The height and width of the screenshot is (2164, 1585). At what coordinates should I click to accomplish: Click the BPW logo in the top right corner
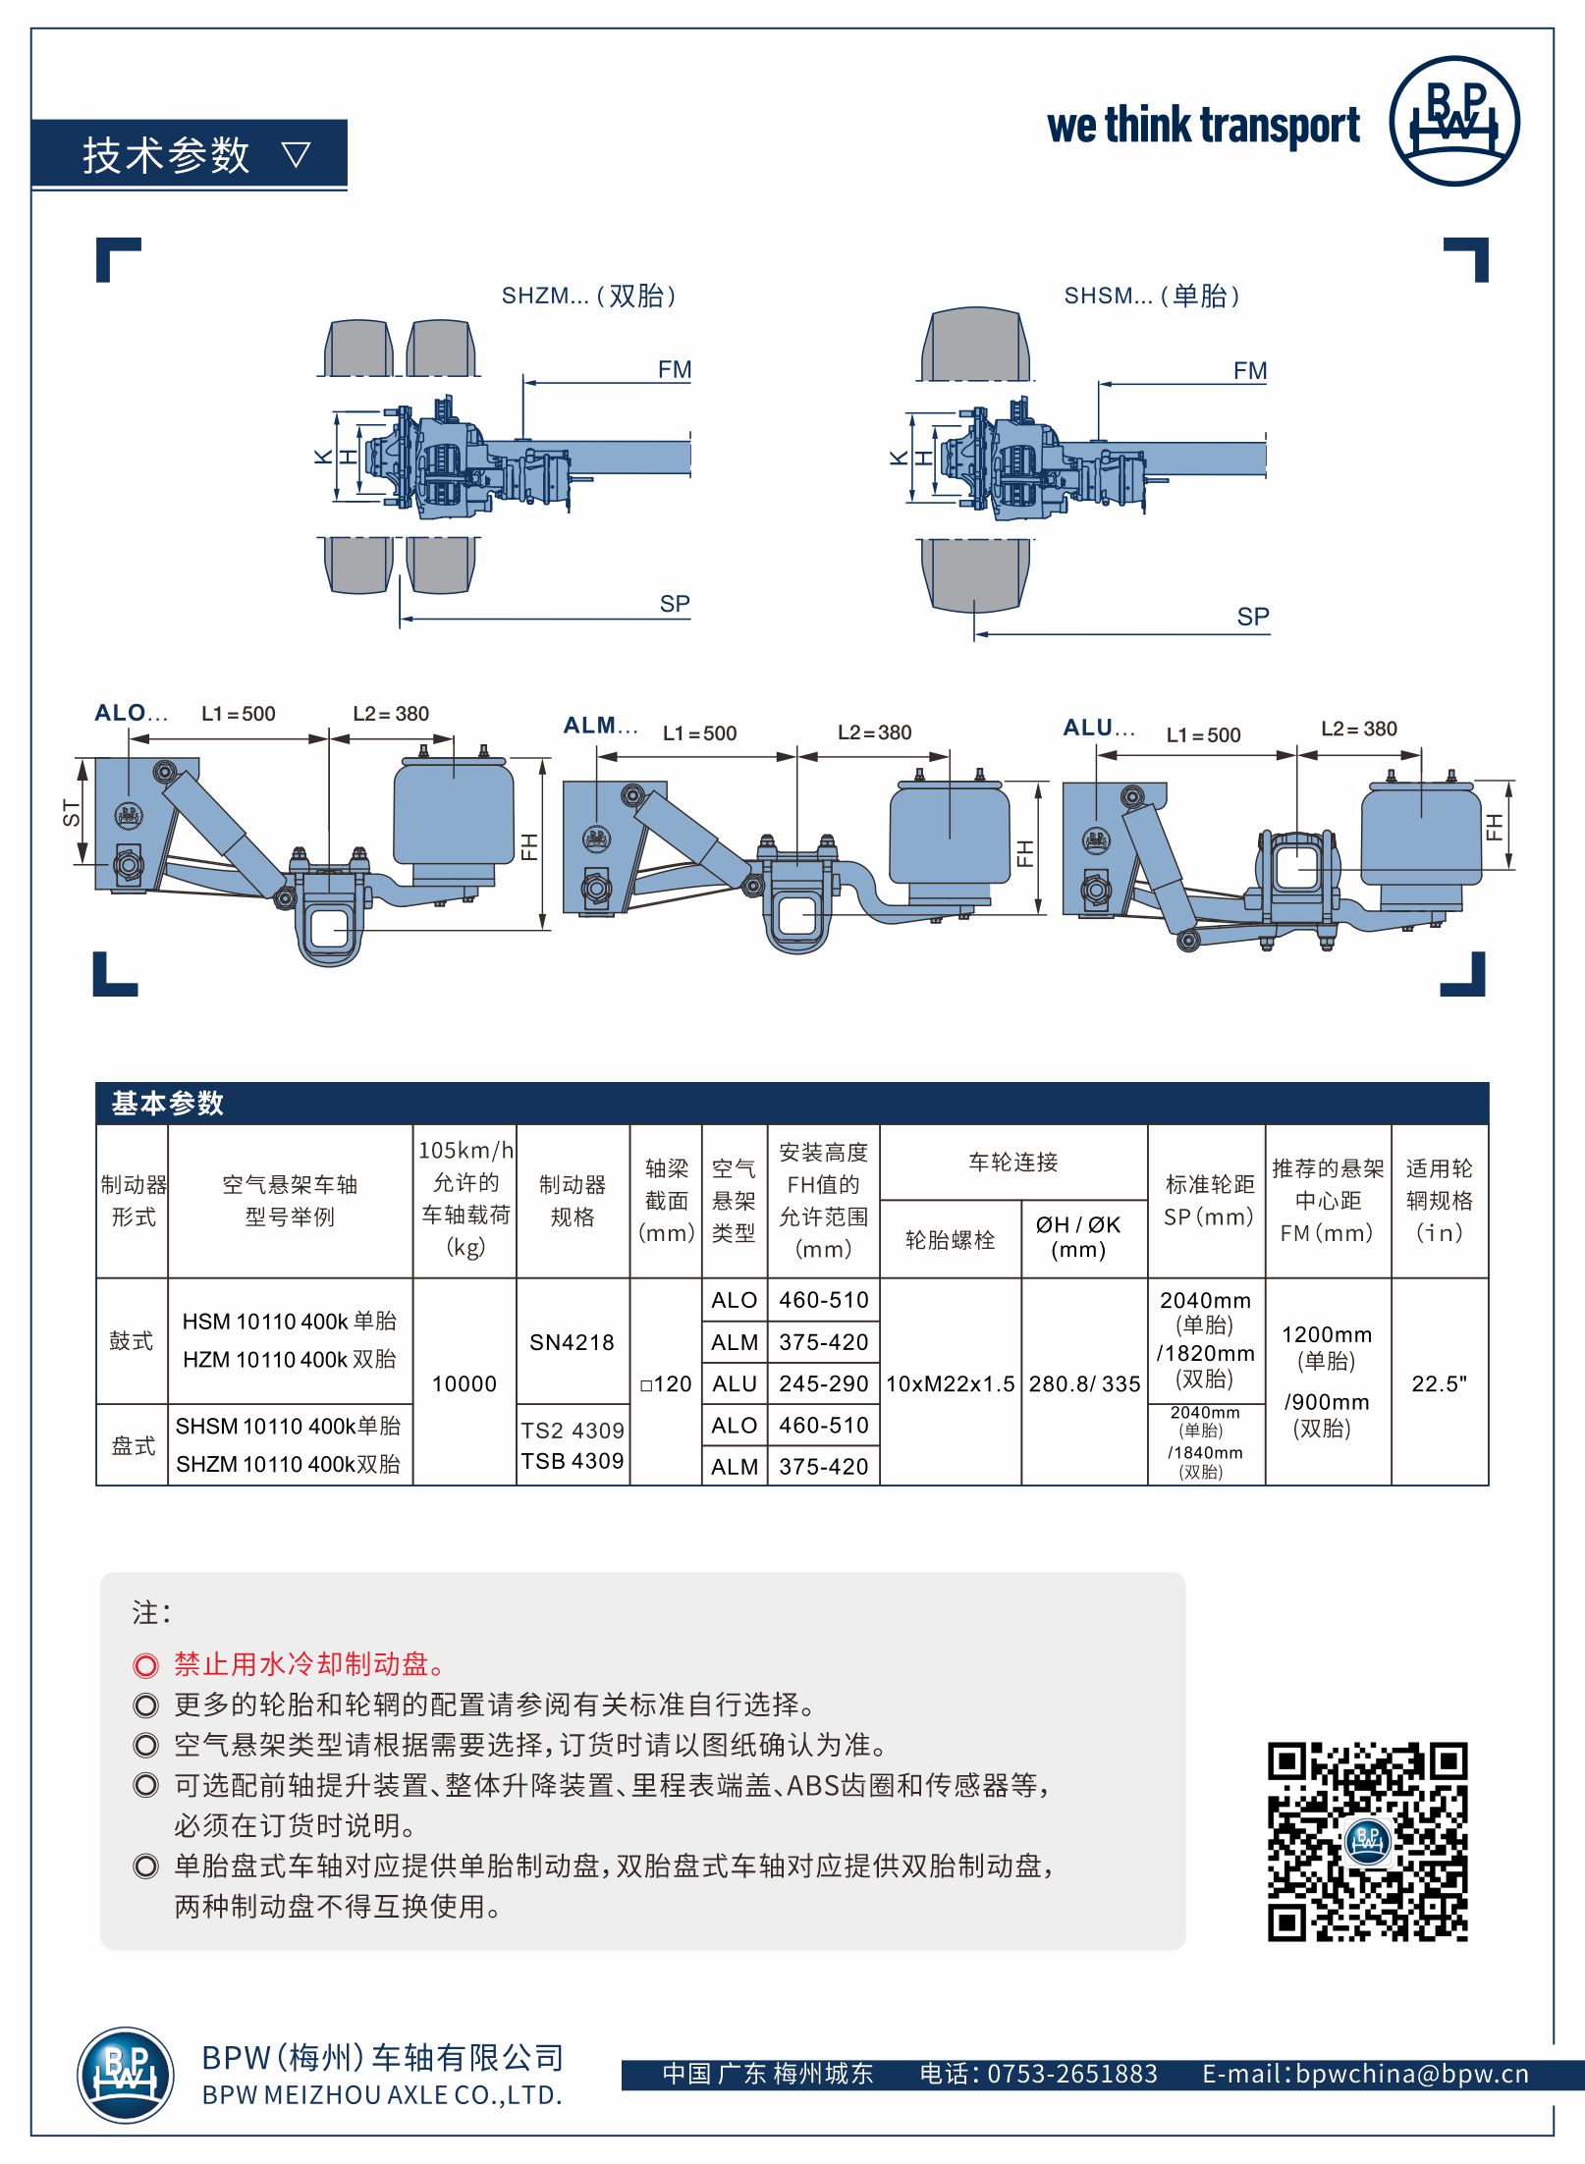(1453, 121)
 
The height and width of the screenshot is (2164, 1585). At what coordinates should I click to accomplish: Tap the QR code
(1367, 1841)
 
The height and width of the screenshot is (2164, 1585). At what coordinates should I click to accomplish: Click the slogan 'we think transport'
(1203, 126)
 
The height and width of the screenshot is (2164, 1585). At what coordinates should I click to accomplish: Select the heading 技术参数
(167, 155)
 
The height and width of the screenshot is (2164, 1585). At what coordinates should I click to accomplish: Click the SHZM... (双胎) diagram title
(588, 296)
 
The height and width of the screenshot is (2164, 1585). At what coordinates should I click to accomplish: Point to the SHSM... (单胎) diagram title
(1151, 296)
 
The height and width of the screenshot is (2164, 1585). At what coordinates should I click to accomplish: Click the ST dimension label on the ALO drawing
(71, 813)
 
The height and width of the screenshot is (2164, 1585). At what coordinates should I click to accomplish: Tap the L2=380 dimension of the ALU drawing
(1358, 729)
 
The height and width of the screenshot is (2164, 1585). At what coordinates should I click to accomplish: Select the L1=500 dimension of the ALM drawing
(699, 733)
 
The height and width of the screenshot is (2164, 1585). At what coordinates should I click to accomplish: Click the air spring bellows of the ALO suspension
(453, 813)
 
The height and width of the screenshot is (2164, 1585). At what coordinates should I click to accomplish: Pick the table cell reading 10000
(465, 1383)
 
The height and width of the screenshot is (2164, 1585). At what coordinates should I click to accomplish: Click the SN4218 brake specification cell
(572, 1342)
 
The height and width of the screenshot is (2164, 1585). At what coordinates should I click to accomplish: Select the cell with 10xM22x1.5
(950, 1383)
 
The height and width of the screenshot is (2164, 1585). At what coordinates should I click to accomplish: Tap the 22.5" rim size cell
(1439, 1383)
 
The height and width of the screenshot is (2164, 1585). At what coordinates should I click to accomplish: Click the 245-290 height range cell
(823, 1383)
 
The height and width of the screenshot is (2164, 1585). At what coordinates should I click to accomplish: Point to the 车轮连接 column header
(1012, 1163)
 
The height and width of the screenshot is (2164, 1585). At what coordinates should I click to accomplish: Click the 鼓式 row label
(132, 1341)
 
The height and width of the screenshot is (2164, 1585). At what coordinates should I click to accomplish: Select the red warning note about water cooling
(310, 1663)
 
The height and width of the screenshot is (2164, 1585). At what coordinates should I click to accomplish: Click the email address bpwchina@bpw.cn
(1411, 2074)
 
